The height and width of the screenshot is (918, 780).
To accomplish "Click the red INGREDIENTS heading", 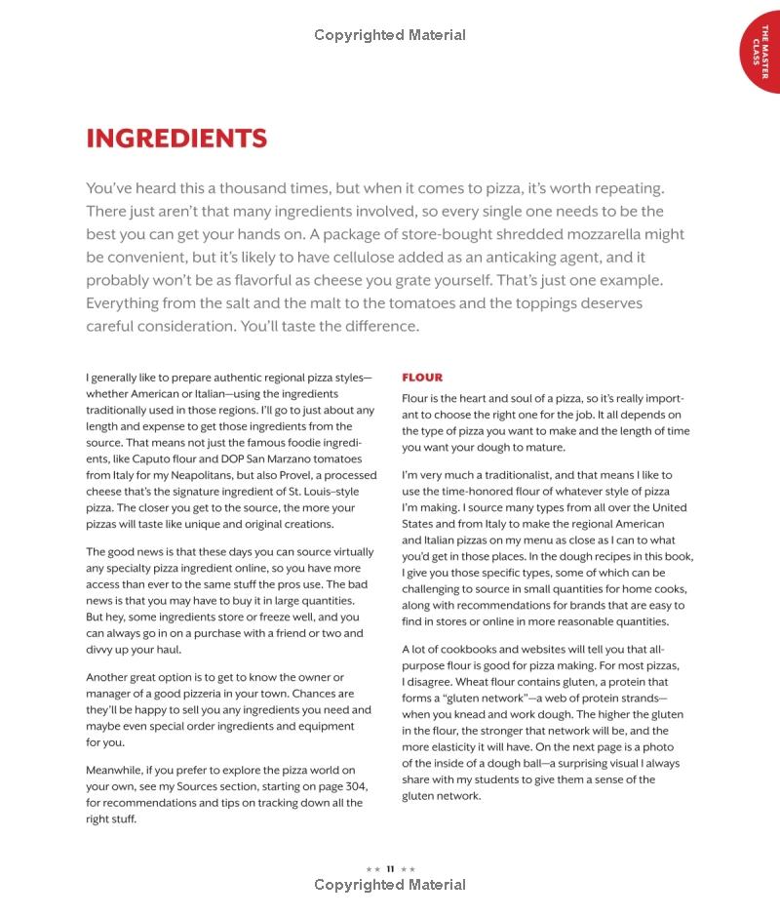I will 176,139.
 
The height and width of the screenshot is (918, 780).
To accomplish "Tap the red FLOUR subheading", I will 422,378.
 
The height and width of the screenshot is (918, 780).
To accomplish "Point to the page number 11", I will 390,868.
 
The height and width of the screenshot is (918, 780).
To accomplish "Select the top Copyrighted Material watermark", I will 390,35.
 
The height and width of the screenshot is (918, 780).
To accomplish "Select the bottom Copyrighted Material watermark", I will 390,885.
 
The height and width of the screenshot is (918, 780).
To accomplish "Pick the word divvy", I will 100,650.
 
